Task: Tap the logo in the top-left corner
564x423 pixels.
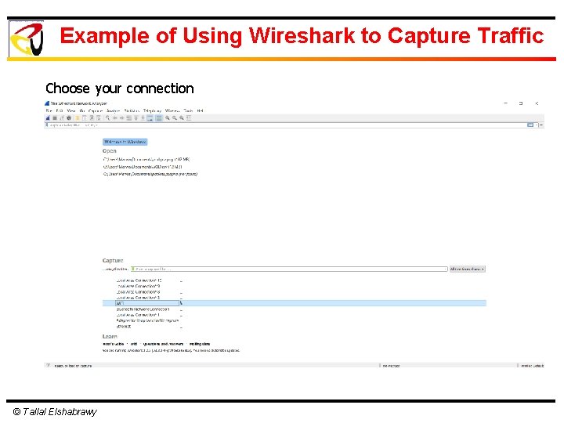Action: click(x=27, y=38)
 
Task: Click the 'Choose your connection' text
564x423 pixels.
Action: click(x=119, y=89)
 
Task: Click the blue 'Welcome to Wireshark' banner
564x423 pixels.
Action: click(x=125, y=142)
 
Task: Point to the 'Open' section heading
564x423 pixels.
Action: click(x=110, y=151)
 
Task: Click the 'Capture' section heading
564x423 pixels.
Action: click(x=113, y=261)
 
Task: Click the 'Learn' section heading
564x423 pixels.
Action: click(x=110, y=337)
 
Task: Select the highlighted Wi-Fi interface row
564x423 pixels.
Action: click(x=294, y=303)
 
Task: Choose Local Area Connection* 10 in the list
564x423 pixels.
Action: click(x=139, y=280)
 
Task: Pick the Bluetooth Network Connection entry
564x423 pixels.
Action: click(x=142, y=309)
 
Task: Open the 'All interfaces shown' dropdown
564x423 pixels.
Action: click(x=467, y=269)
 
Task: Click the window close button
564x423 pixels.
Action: click(x=537, y=103)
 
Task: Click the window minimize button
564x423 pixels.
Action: click(x=505, y=103)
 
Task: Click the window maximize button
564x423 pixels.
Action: click(x=521, y=103)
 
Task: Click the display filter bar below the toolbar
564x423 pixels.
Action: click(x=282, y=125)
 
